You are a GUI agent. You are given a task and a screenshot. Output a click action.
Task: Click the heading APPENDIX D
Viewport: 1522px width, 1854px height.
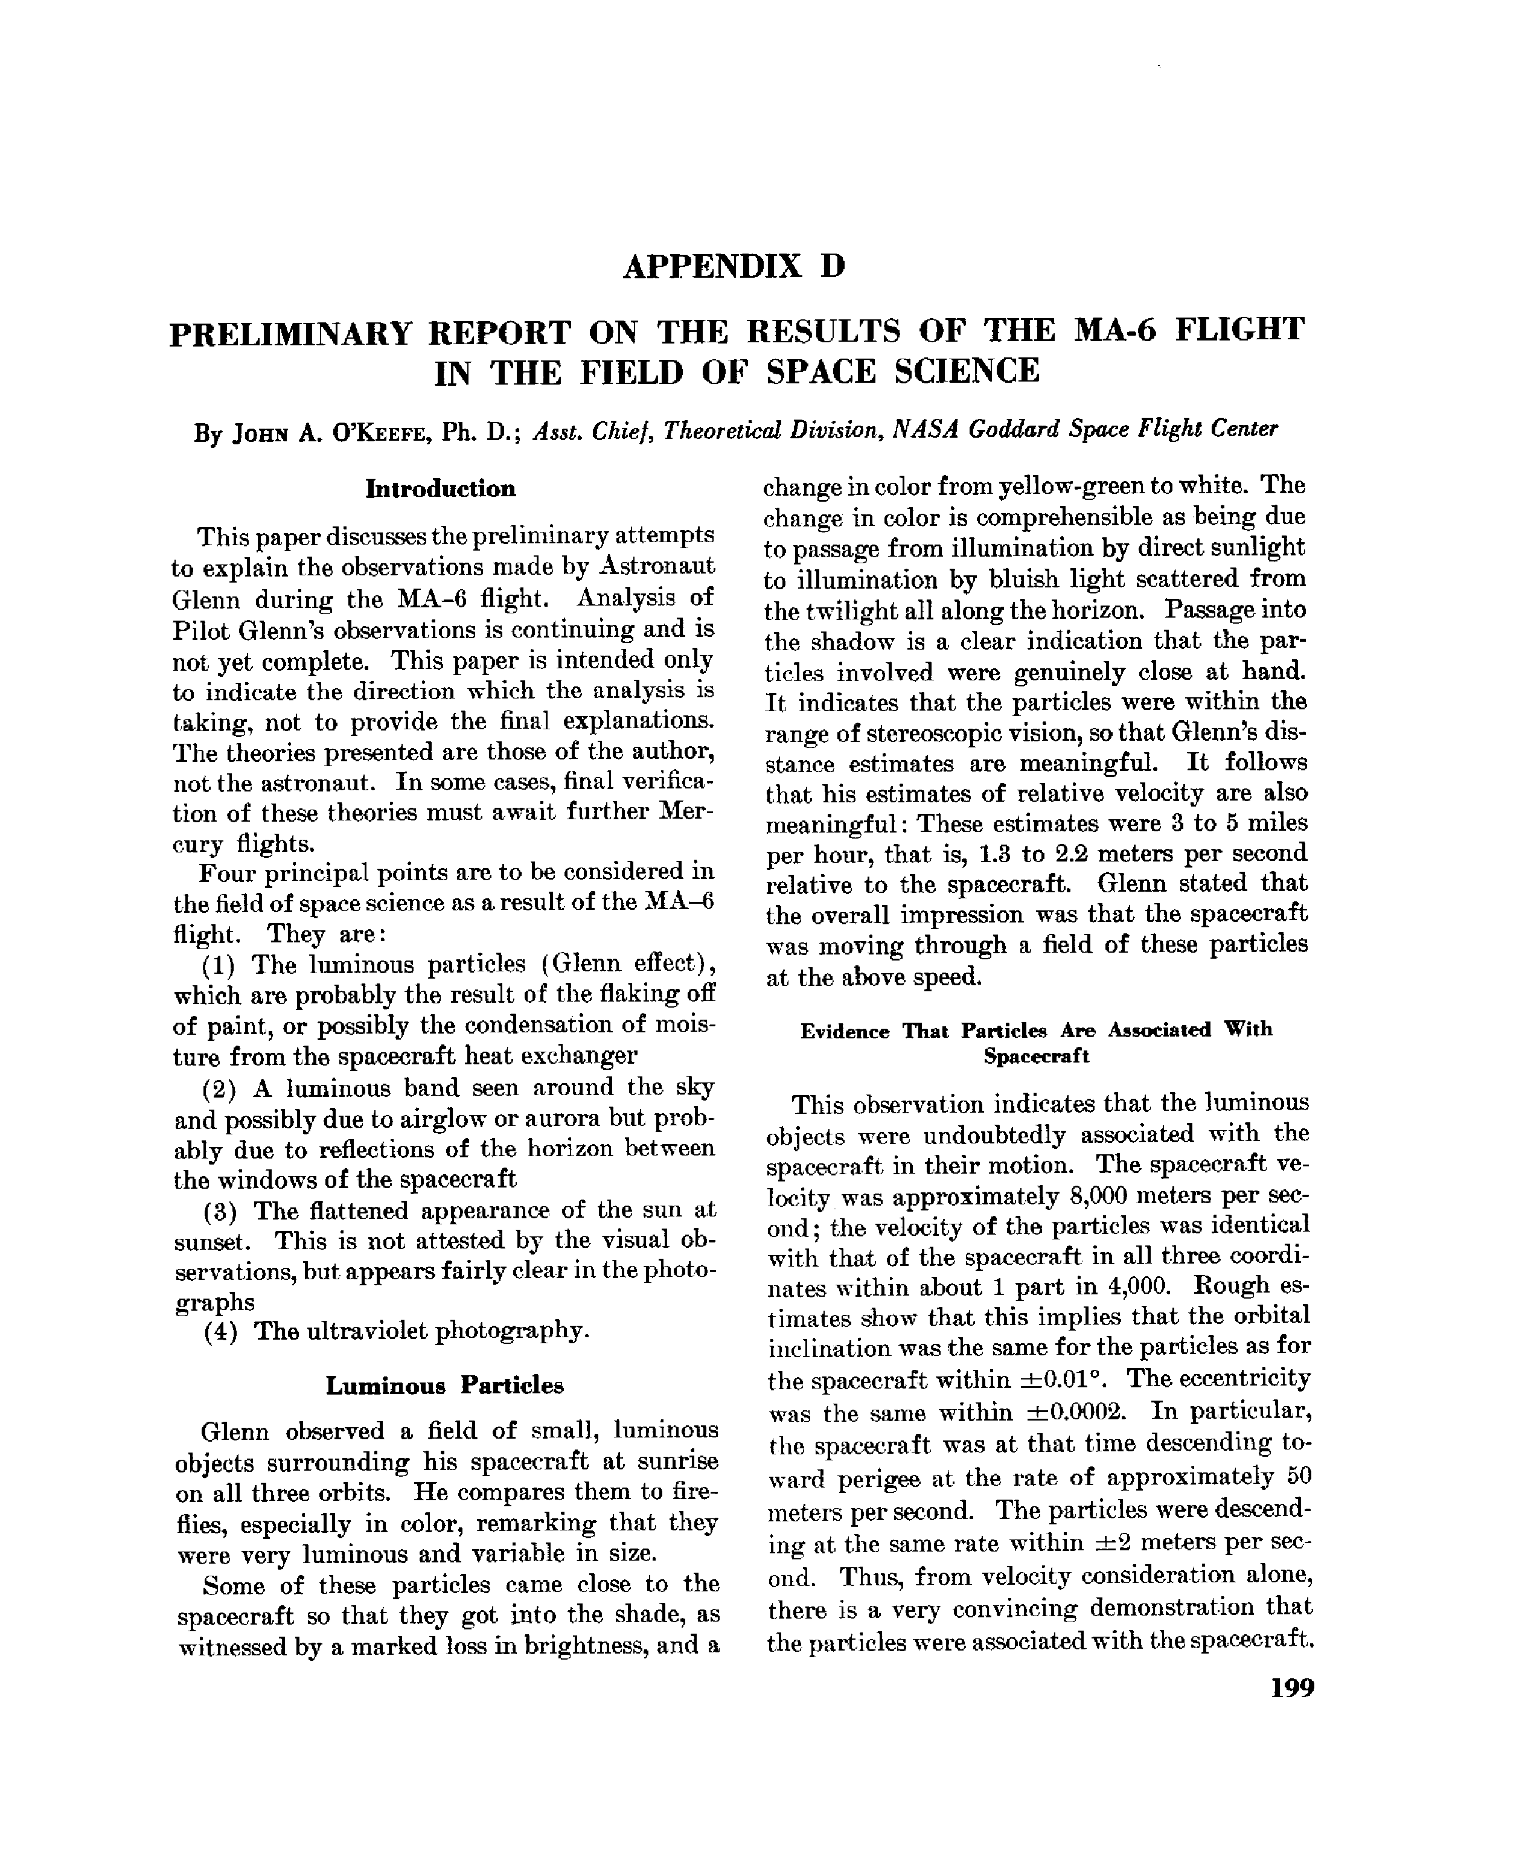(x=734, y=266)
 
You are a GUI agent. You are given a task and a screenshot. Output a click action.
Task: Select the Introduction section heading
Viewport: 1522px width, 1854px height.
(x=440, y=488)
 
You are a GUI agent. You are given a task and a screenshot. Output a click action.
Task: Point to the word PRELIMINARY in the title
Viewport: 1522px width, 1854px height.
(x=290, y=334)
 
